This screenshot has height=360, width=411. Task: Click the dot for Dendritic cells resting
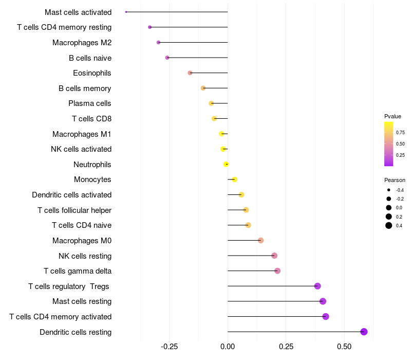[x=364, y=332]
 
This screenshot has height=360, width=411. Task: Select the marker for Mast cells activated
[x=126, y=12]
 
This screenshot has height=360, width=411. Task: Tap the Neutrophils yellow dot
[x=226, y=165]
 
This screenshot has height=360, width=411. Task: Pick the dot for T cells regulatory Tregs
[x=317, y=286]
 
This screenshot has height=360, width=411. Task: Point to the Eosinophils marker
[x=190, y=73]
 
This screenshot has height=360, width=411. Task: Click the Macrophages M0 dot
[x=260, y=240]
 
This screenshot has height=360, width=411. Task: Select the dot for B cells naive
[x=167, y=58]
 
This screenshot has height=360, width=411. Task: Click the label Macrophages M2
[x=82, y=43]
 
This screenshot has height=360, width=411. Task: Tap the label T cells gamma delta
[x=78, y=271]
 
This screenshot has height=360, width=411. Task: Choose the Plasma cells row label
[x=90, y=103]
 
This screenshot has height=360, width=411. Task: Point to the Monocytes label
[x=92, y=179]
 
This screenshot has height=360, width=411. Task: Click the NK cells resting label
[x=85, y=256]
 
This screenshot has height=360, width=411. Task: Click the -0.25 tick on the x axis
[x=170, y=346]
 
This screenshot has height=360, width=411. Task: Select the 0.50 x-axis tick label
[x=344, y=346]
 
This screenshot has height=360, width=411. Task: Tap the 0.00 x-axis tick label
[x=228, y=346]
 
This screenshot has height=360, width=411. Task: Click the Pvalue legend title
[x=393, y=116]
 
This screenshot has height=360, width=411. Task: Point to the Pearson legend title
[x=395, y=180]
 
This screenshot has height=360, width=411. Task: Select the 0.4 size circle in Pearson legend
[x=389, y=225]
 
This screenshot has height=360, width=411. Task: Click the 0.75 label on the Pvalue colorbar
[x=400, y=132]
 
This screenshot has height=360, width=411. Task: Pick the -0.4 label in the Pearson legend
[x=400, y=190]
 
